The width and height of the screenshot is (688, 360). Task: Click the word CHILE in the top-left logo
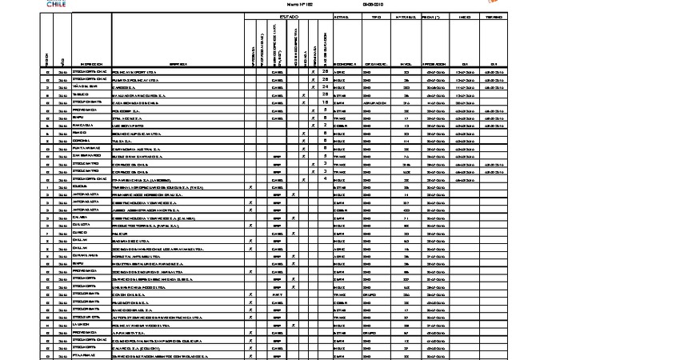click(x=53, y=4)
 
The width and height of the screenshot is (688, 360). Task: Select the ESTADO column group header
click(x=288, y=16)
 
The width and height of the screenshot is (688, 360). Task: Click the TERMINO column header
click(x=493, y=16)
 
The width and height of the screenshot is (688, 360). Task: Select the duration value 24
click(x=326, y=87)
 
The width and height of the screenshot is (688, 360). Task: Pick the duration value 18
click(x=326, y=102)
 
